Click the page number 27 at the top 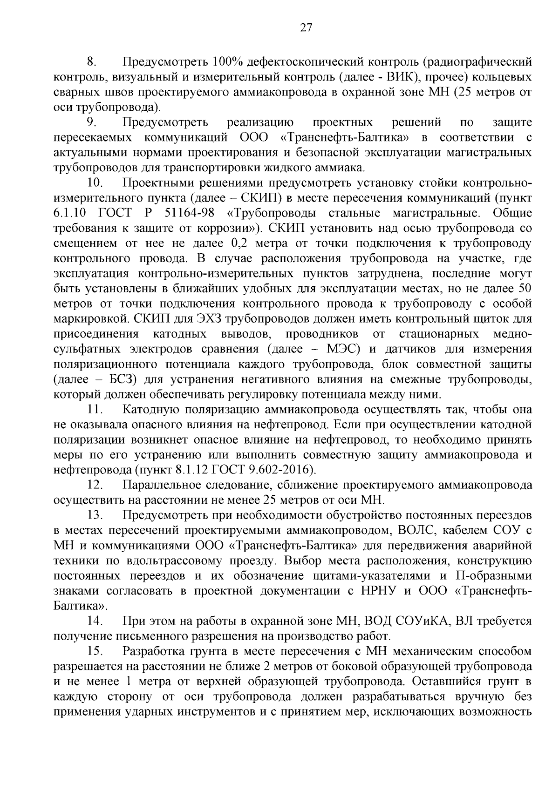(x=305, y=27)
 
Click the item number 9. (x=91, y=123)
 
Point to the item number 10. (x=95, y=183)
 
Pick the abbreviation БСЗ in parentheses (x=123, y=379)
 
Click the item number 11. (x=95, y=410)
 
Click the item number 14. (x=95, y=621)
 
